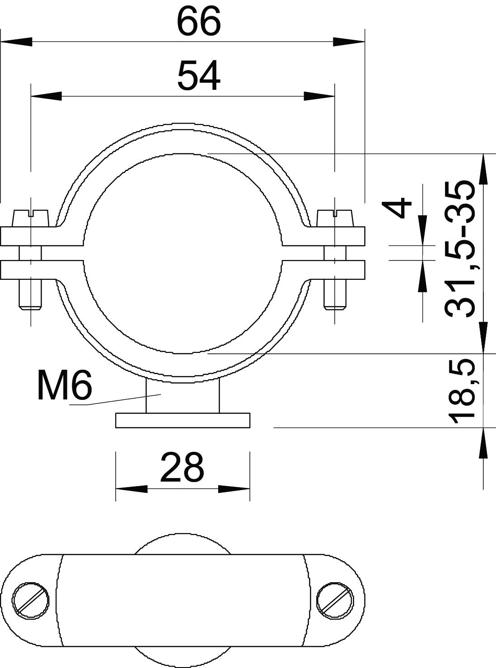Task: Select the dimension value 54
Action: pyautogui.click(x=199, y=75)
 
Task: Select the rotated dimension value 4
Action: pyautogui.click(x=396, y=207)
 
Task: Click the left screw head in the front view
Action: pyautogui.click(x=30, y=218)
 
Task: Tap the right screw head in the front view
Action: pyautogui.click(x=335, y=218)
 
